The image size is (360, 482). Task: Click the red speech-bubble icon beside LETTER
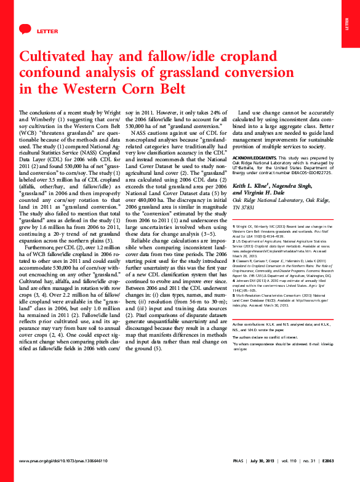point(25,30)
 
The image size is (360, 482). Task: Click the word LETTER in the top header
point(47,30)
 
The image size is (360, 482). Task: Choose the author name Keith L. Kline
point(252,185)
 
